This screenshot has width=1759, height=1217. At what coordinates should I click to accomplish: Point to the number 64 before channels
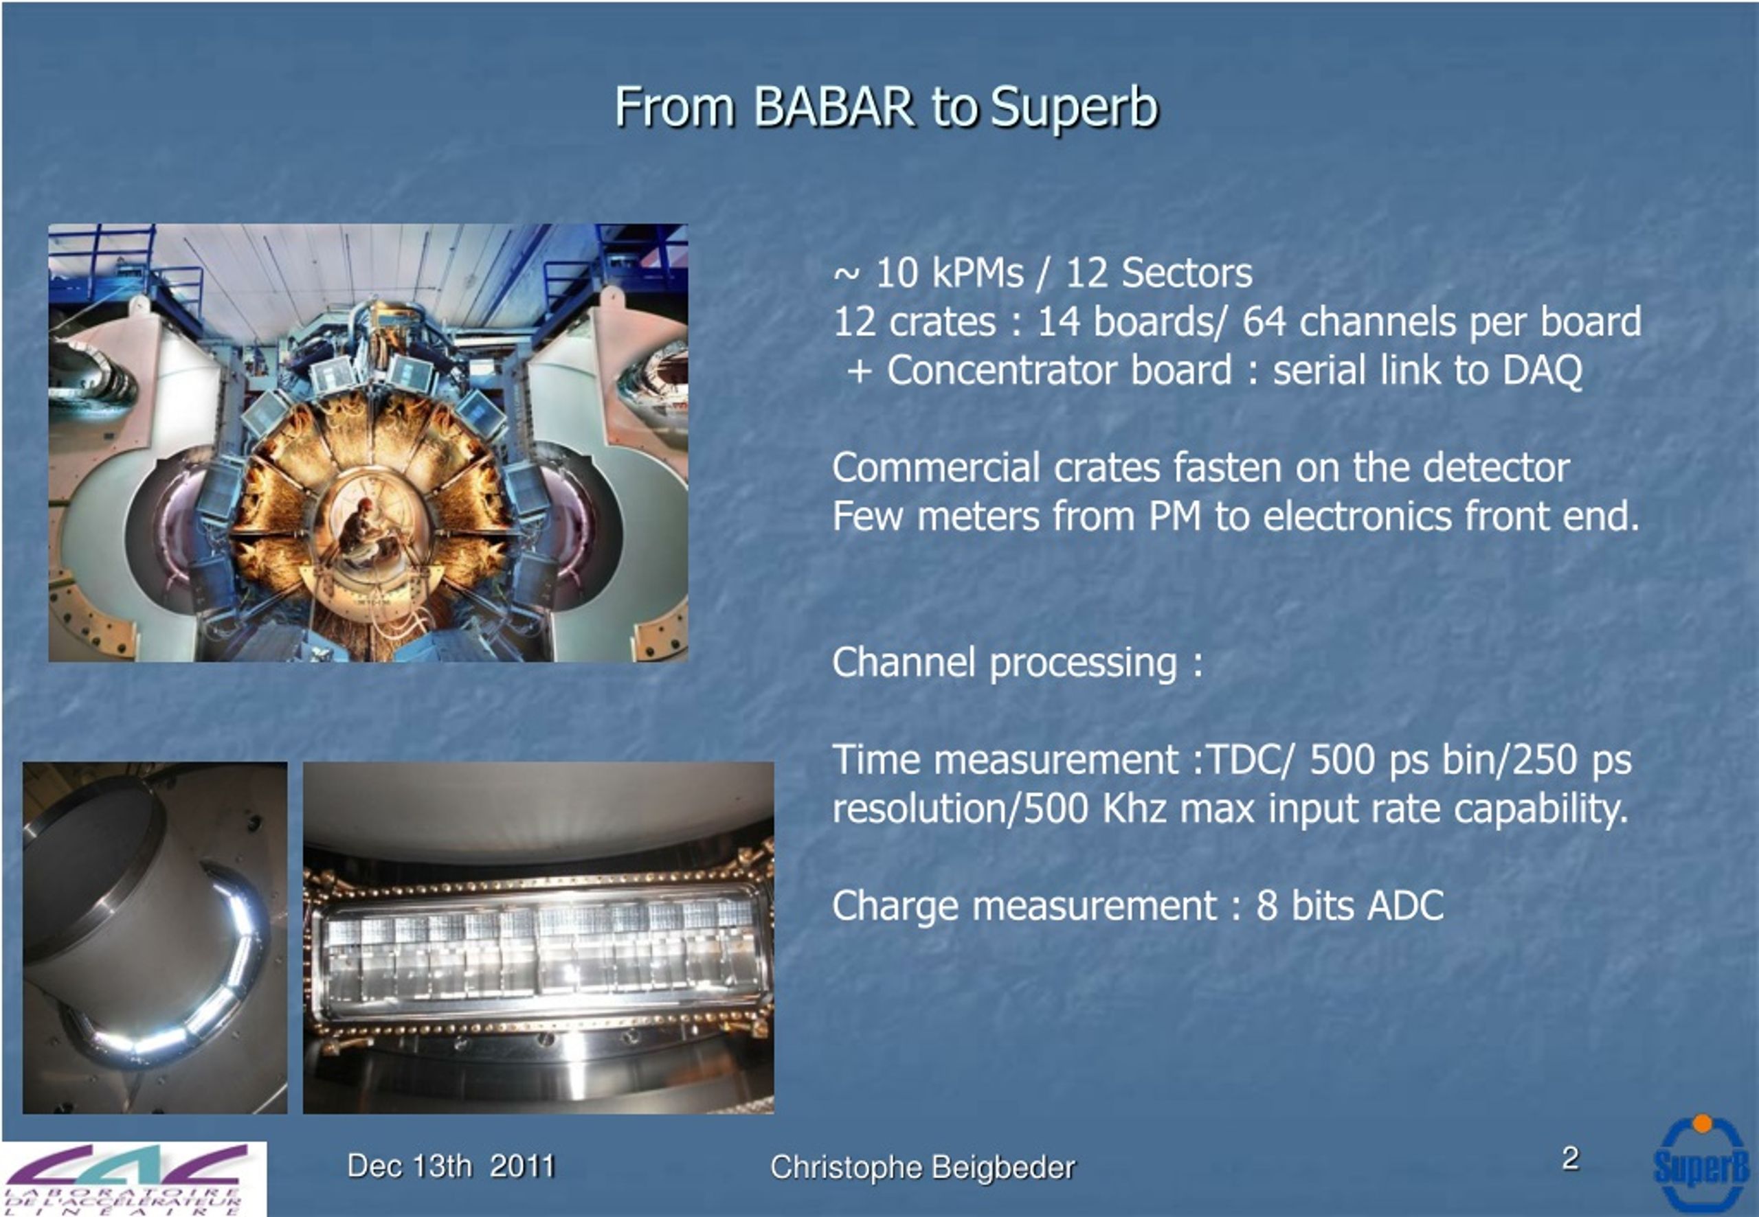tap(1264, 322)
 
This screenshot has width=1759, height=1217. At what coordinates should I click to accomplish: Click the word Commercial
tap(936, 468)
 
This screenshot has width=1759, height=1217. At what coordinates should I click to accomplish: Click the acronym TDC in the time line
tap(1240, 760)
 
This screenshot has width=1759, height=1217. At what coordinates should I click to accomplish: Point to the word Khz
tap(1134, 808)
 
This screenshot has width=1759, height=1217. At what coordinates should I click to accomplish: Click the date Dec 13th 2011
tap(451, 1166)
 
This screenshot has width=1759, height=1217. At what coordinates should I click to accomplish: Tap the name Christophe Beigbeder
tap(922, 1168)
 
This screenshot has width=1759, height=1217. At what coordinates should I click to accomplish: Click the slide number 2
tap(1570, 1159)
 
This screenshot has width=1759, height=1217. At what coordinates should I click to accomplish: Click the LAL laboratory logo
tap(133, 1178)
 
